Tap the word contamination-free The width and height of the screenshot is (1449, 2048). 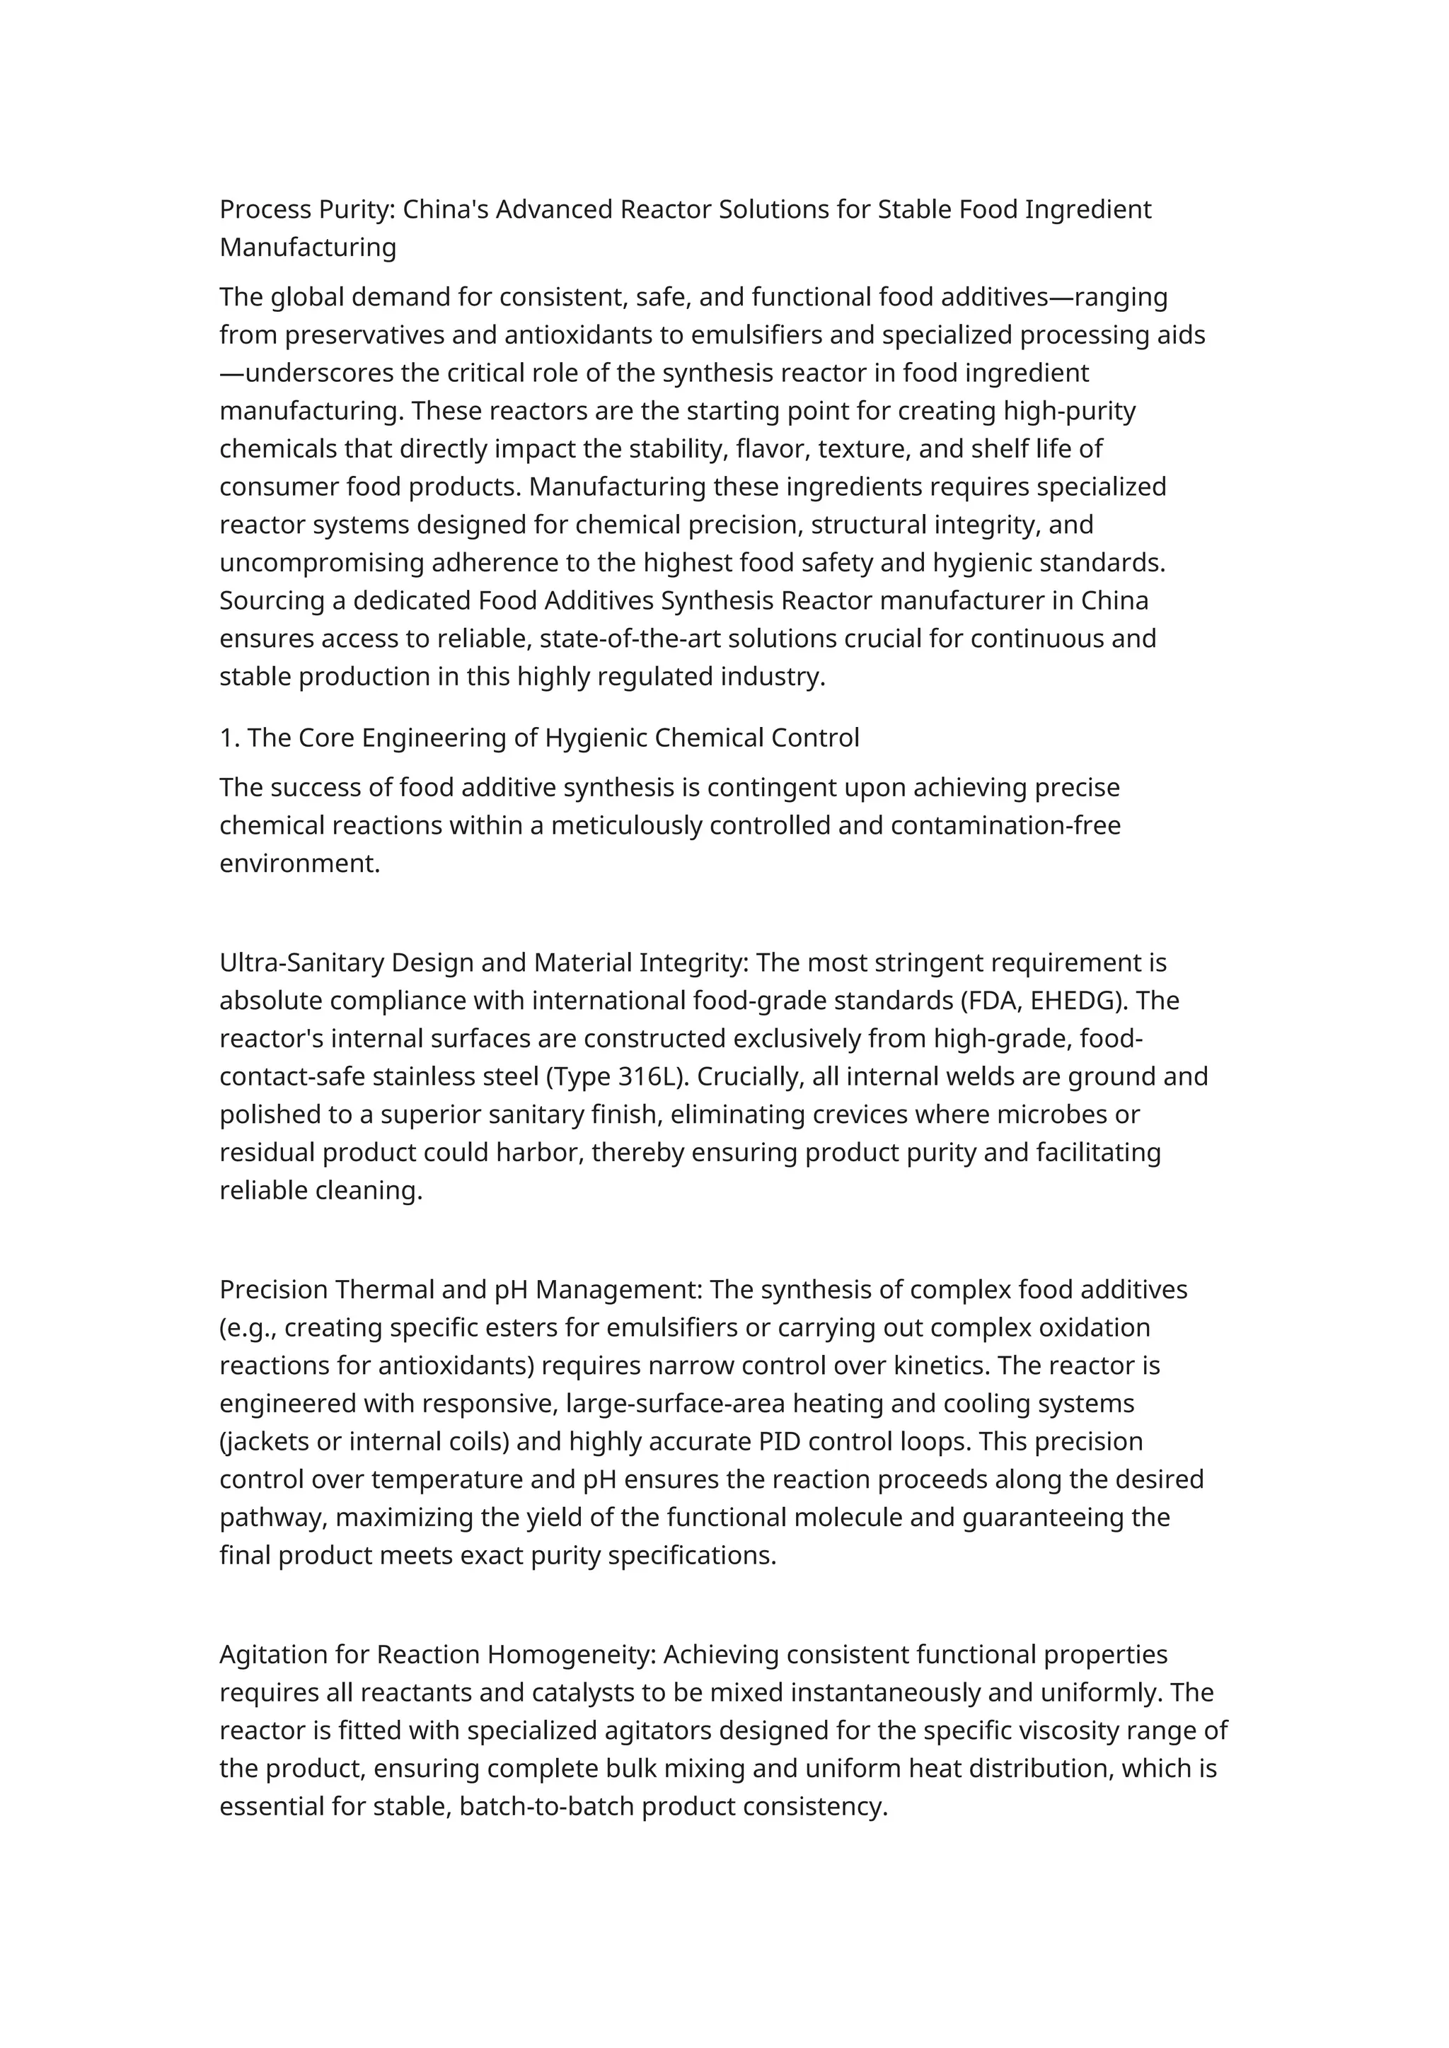coord(1005,825)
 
